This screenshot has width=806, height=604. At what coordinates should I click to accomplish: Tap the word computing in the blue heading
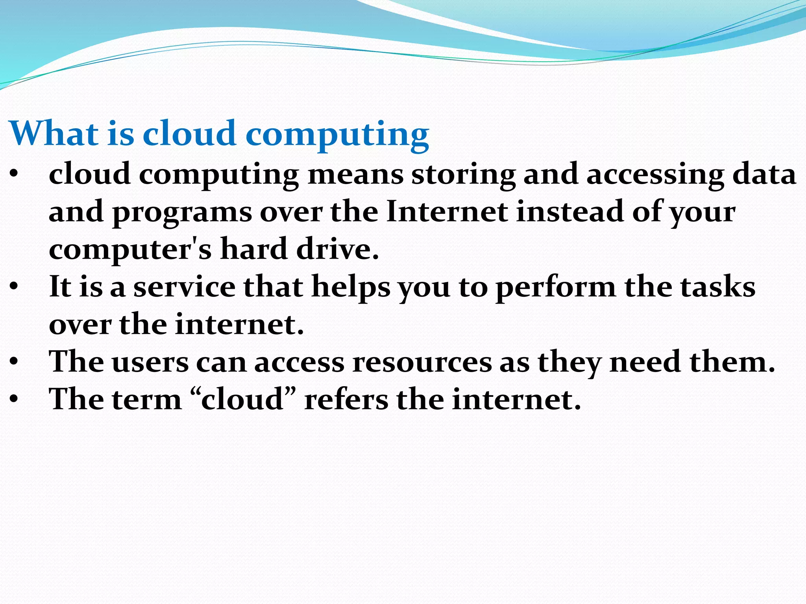[337, 134]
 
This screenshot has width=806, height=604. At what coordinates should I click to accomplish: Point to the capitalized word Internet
[447, 212]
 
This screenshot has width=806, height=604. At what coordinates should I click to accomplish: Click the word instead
[570, 212]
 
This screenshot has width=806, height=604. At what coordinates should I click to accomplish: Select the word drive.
[337, 249]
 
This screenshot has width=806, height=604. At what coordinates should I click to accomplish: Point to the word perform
[555, 287]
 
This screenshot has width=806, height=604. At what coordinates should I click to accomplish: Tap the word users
[150, 362]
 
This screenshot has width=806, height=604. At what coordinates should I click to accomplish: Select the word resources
[422, 362]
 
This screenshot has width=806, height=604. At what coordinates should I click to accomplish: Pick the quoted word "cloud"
[243, 399]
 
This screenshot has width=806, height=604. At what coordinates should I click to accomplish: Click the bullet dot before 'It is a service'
[14, 287]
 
